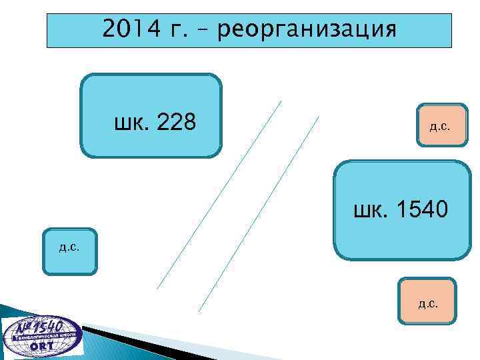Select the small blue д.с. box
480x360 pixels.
[70, 251]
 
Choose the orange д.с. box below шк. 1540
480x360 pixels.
[427, 301]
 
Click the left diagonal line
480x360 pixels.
[220, 193]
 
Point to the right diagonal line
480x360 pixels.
[260, 213]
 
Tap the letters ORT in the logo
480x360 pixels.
[43, 347]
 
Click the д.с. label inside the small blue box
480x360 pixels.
[69, 247]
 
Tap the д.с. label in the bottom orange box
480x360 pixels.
[428, 305]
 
